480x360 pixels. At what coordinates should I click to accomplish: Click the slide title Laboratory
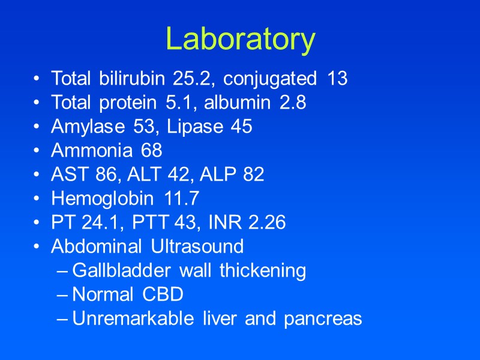coord(240,40)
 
